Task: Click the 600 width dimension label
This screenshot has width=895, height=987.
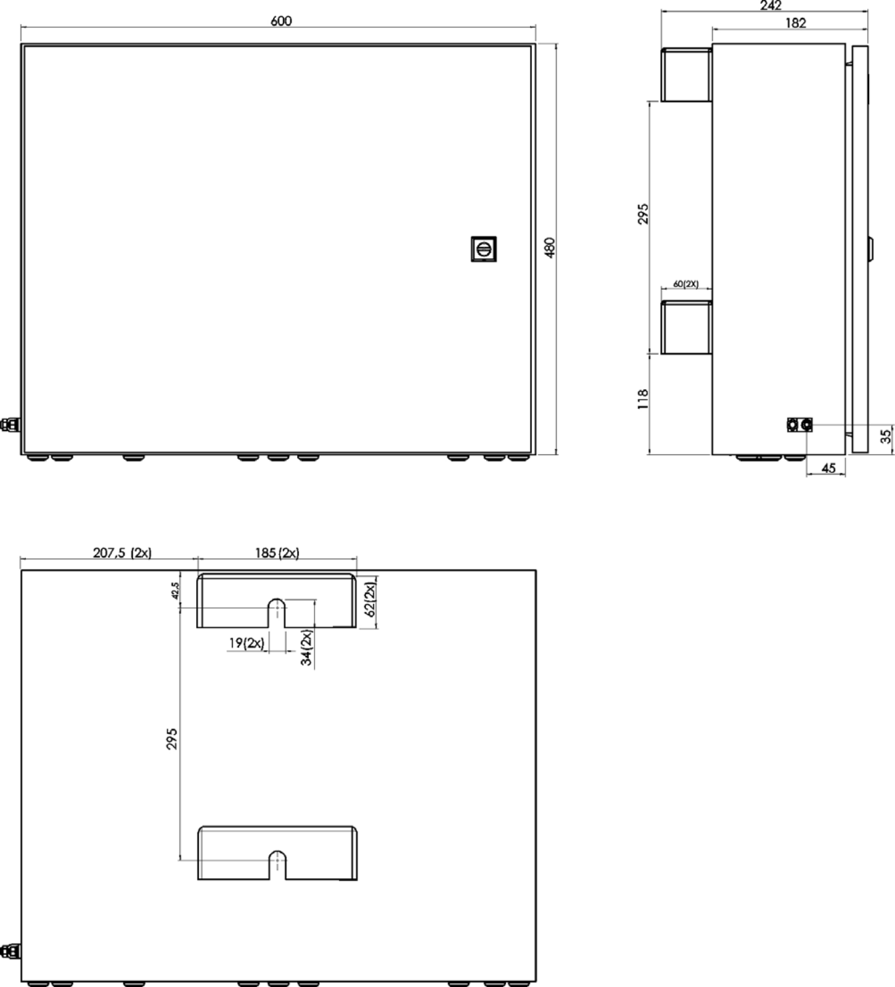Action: [281, 21]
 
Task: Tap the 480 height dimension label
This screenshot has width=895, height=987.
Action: [550, 248]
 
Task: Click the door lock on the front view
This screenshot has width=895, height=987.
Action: [483, 249]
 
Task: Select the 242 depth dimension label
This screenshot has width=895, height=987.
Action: [771, 5]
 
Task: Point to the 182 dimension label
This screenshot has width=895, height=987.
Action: [796, 23]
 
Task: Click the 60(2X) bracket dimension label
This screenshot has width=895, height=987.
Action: [686, 284]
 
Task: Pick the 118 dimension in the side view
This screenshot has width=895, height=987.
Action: [643, 399]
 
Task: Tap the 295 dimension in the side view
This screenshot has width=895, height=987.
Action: [643, 214]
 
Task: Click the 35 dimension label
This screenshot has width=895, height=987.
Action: [886, 436]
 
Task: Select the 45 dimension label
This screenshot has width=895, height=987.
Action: [828, 468]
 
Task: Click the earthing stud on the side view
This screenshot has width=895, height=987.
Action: [800, 424]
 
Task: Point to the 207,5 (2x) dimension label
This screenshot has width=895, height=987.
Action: [123, 553]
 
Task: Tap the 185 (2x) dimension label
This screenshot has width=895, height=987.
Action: [277, 553]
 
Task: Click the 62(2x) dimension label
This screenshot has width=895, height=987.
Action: [370, 599]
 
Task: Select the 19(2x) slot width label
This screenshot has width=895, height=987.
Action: [247, 643]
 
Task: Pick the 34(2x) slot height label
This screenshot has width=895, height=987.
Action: [306, 647]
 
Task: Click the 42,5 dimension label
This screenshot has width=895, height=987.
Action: [176, 591]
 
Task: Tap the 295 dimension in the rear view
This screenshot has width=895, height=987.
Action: [172, 739]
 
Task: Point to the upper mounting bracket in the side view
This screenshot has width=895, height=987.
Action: [686, 75]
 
